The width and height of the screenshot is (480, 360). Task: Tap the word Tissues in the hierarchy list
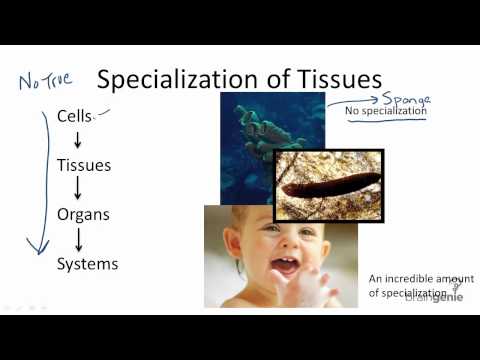pos(83,165)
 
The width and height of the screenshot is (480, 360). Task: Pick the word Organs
pos(83,214)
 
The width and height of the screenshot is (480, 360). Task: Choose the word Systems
pos(87,264)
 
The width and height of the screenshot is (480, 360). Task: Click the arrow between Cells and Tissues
pos(77,141)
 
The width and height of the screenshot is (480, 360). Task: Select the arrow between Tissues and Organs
pos(77,190)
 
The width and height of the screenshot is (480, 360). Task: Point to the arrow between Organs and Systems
pos(77,239)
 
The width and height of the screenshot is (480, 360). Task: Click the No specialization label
pos(385,112)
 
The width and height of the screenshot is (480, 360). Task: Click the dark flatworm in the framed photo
pos(331,186)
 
